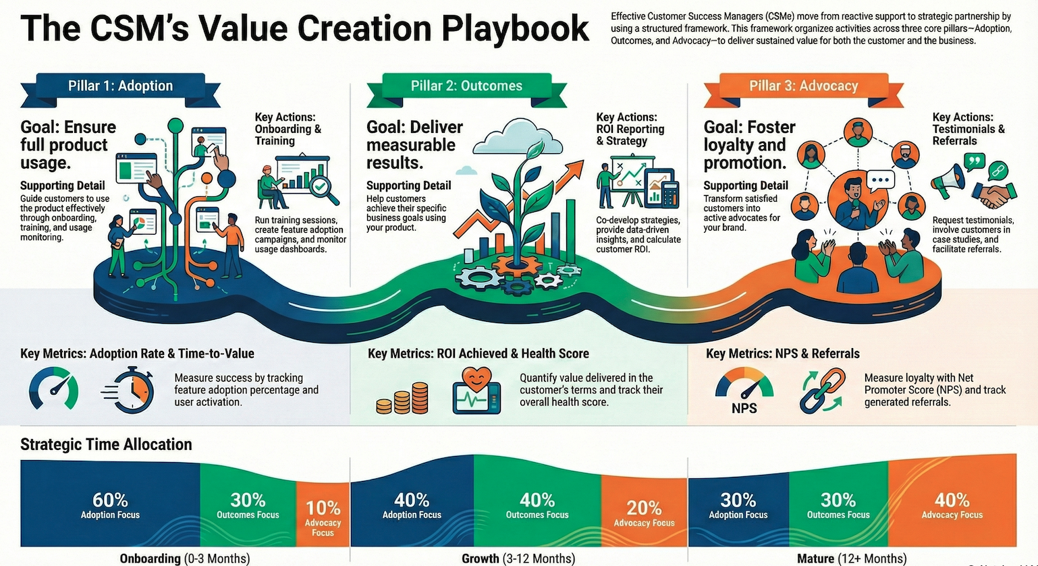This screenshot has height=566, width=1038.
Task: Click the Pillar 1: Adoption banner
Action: point(120,86)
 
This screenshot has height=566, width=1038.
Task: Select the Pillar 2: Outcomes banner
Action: point(466,86)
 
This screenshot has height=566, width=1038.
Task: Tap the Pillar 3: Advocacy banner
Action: point(803,86)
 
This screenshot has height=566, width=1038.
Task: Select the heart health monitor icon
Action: point(477,390)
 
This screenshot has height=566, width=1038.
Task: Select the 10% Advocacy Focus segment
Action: point(323,516)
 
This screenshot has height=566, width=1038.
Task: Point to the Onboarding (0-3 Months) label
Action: point(184,559)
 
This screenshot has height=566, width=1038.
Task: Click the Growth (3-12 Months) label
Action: point(518,559)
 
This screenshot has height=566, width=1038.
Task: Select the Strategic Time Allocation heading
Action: point(106,445)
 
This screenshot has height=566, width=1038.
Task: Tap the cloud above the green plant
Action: point(518,137)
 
